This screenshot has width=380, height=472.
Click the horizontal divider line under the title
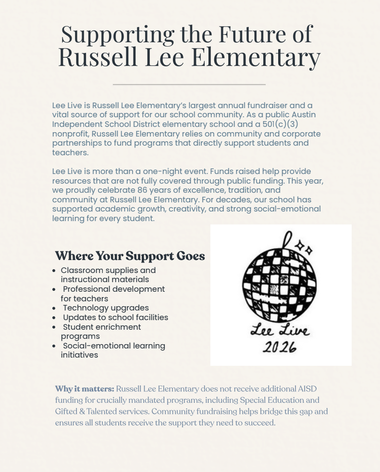coord(189,85)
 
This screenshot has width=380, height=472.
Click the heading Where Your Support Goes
coord(130,256)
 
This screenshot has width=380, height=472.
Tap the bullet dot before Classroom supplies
coord(55,271)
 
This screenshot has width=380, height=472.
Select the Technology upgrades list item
coord(106,308)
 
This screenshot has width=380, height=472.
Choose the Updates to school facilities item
coord(115,317)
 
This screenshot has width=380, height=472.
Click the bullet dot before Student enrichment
coord(55,327)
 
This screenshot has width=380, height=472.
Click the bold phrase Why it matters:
coord(85,389)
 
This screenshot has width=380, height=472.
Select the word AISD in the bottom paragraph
coord(305,389)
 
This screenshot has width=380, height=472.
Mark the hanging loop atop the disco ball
coord(288,239)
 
